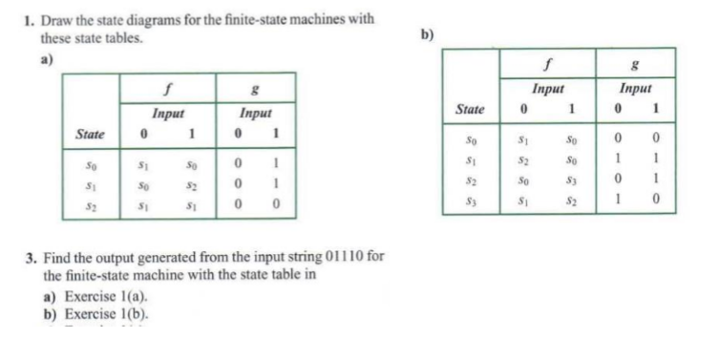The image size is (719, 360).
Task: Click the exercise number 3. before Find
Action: click(30, 259)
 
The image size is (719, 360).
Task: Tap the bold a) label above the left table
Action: click(46, 55)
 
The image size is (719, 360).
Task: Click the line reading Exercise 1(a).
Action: click(85, 298)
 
